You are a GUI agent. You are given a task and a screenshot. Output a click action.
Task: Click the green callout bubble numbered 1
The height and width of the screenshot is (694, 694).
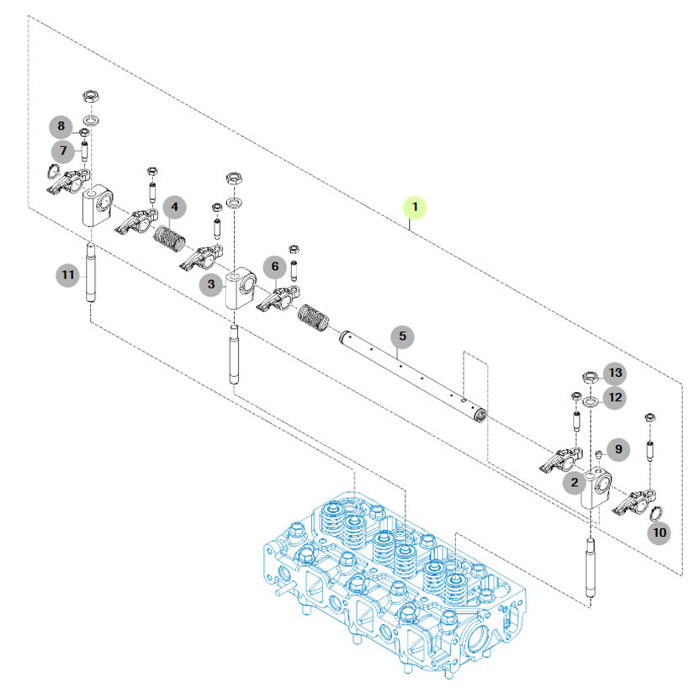point(414,207)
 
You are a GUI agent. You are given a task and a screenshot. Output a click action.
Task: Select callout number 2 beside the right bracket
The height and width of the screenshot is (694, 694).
point(575,482)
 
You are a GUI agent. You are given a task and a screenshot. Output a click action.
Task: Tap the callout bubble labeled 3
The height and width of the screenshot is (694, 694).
point(211,283)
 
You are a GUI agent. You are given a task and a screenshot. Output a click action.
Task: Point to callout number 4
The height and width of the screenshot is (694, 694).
point(175,207)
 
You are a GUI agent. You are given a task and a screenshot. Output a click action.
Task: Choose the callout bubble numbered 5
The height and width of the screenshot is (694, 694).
point(402,336)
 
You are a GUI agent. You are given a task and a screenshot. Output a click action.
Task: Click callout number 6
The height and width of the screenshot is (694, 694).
point(275,266)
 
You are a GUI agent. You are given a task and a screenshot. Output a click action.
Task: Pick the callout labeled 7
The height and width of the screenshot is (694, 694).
point(63,151)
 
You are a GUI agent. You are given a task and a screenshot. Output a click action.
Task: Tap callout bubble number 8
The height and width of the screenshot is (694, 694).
point(61,126)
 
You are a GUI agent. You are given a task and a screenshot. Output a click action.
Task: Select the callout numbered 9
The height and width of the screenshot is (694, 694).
point(618,450)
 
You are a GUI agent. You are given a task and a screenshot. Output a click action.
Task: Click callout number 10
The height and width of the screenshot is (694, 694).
point(659,532)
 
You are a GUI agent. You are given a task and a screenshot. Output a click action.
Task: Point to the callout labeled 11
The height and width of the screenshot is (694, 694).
point(68,275)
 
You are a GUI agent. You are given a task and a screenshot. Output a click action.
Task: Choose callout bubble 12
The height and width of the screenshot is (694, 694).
point(615,397)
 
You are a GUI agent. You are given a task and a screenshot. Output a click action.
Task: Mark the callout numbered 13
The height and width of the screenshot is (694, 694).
point(615,373)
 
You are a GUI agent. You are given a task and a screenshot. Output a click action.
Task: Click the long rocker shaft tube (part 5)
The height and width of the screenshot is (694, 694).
point(413,373)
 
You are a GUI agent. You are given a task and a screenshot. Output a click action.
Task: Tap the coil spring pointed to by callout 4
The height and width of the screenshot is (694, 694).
point(170,239)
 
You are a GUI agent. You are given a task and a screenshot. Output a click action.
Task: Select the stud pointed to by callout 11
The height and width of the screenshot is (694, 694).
point(90,273)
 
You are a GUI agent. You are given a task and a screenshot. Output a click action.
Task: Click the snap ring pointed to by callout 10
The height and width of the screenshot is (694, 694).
point(656,513)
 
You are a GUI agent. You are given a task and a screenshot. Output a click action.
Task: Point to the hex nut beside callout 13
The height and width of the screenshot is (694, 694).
point(590,378)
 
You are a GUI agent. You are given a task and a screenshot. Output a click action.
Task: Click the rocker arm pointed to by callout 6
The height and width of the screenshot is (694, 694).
point(278,299)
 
